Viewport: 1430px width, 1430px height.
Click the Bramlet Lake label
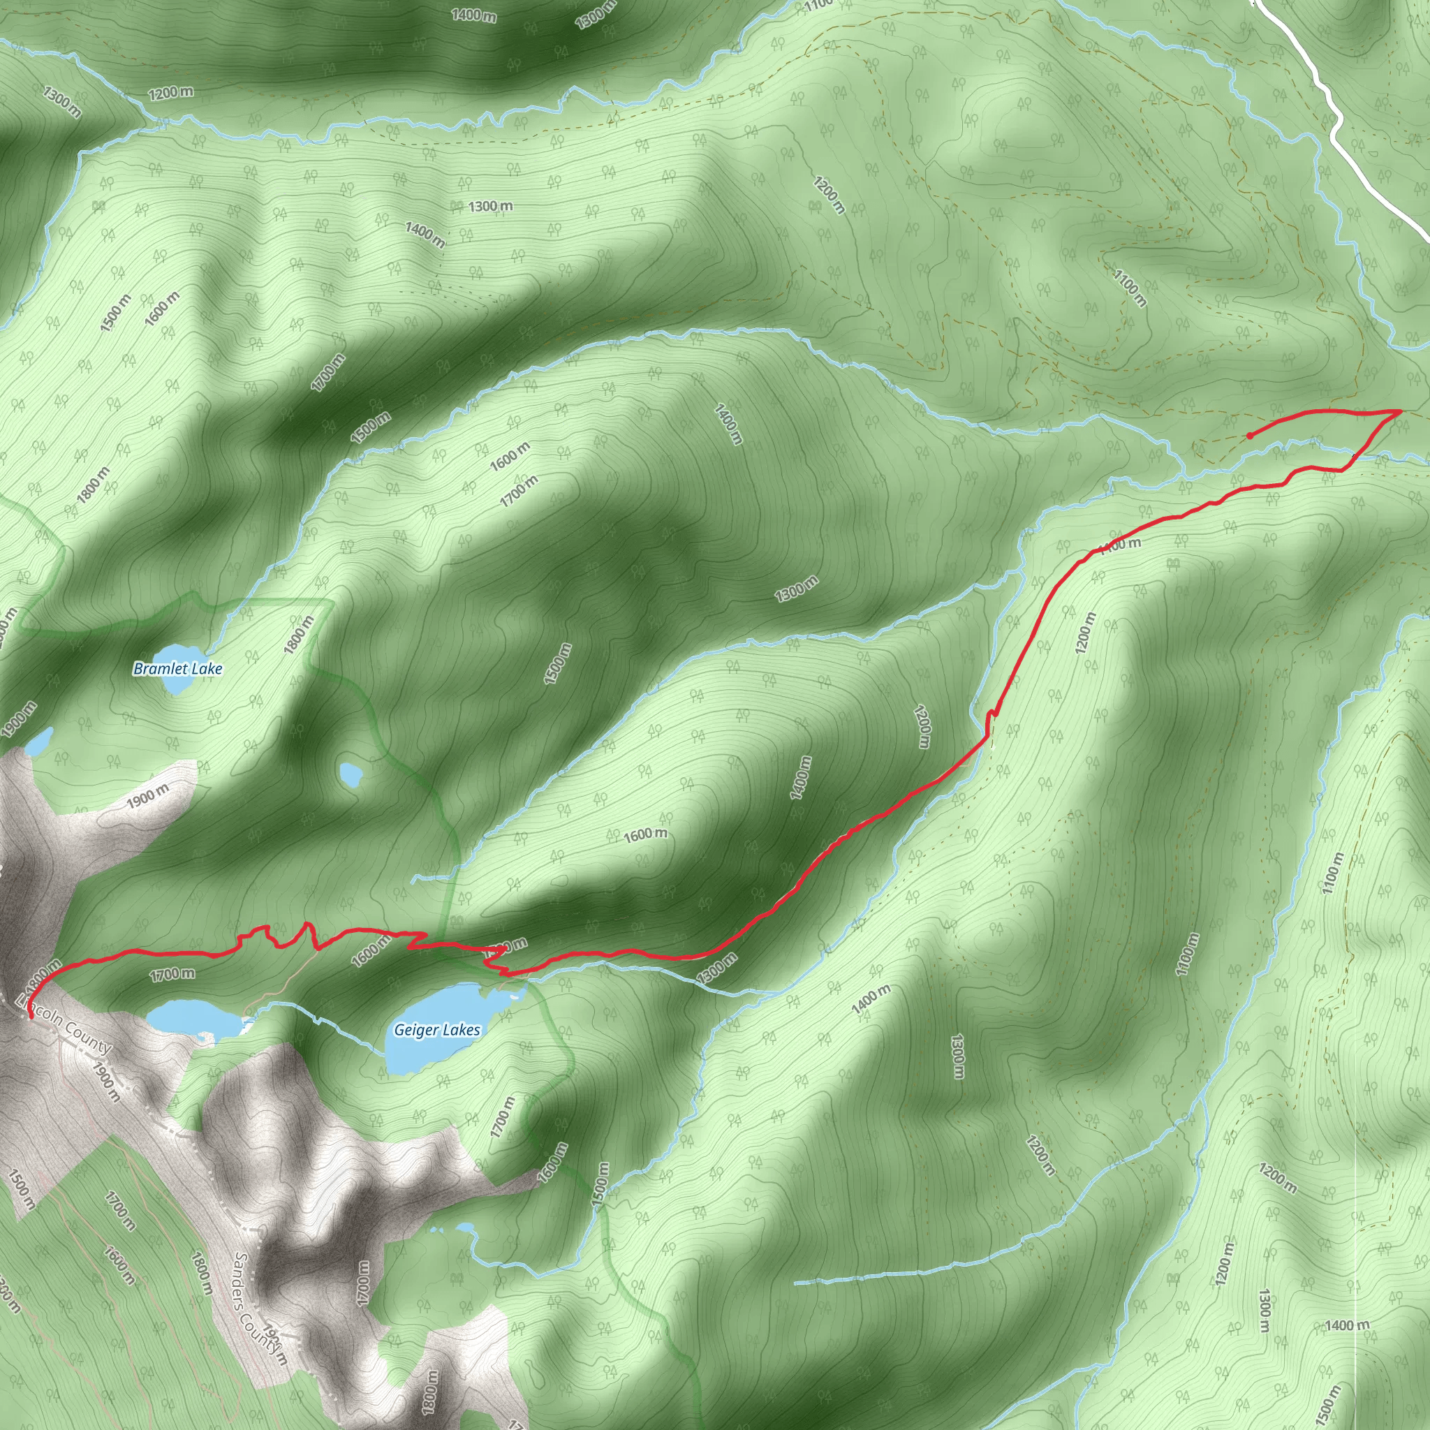(x=177, y=668)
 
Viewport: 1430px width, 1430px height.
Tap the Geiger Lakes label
(x=436, y=1030)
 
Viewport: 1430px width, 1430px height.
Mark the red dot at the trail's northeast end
(x=1250, y=436)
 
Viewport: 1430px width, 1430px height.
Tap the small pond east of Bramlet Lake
(x=350, y=774)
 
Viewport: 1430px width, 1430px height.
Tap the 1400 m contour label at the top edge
(x=473, y=15)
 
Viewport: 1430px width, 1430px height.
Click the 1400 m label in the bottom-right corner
(x=1347, y=1325)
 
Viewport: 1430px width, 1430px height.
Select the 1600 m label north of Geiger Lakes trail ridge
(x=645, y=834)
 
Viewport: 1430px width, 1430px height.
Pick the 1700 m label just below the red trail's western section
(x=172, y=974)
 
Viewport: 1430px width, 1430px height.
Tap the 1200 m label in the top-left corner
(x=171, y=93)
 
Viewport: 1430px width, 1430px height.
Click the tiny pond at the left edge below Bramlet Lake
(x=39, y=741)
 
